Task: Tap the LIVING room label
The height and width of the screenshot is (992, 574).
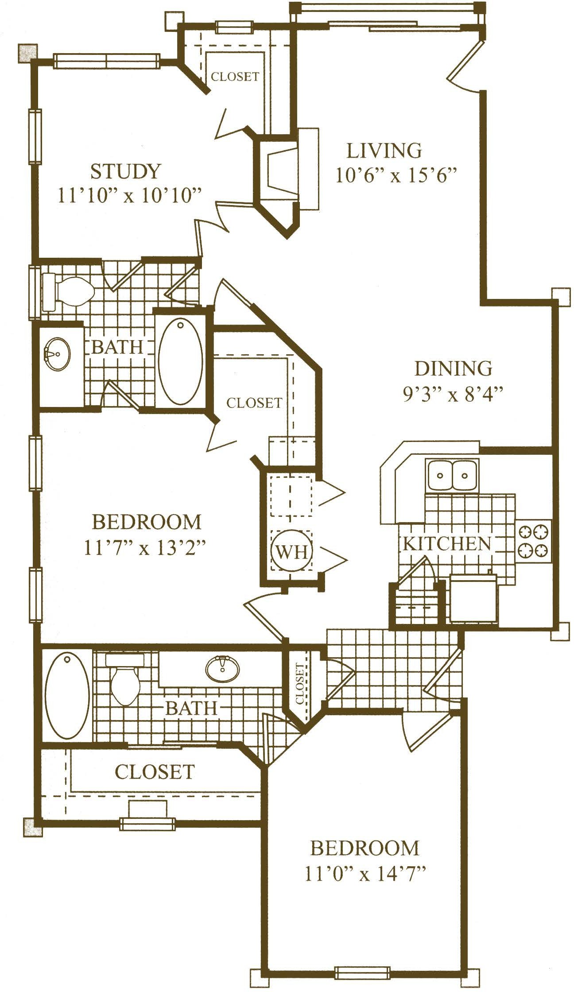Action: (x=384, y=151)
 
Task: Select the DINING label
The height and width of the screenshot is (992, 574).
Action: (x=453, y=368)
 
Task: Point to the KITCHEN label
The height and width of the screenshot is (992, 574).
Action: (x=447, y=543)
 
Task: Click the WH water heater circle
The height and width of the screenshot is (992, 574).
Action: (x=292, y=551)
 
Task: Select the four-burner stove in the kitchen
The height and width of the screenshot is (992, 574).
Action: (x=533, y=541)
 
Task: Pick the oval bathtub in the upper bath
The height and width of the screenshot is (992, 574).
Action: (x=180, y=362)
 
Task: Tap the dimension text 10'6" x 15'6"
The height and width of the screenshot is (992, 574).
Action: (x=396, y=176)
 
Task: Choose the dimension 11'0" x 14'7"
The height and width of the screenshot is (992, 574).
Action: (x=365, y=875)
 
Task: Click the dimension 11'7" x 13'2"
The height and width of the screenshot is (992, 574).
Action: (x=145, y=549)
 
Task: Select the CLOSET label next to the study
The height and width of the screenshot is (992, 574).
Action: (x=235, y=77)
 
